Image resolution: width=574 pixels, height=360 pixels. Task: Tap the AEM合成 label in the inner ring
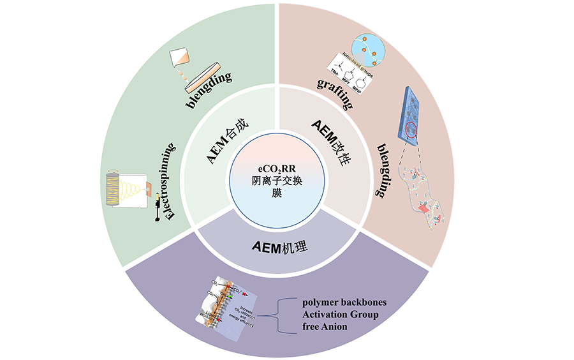click(x=220, y=142)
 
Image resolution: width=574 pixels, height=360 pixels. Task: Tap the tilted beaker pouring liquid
click(x=182, y=59)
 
